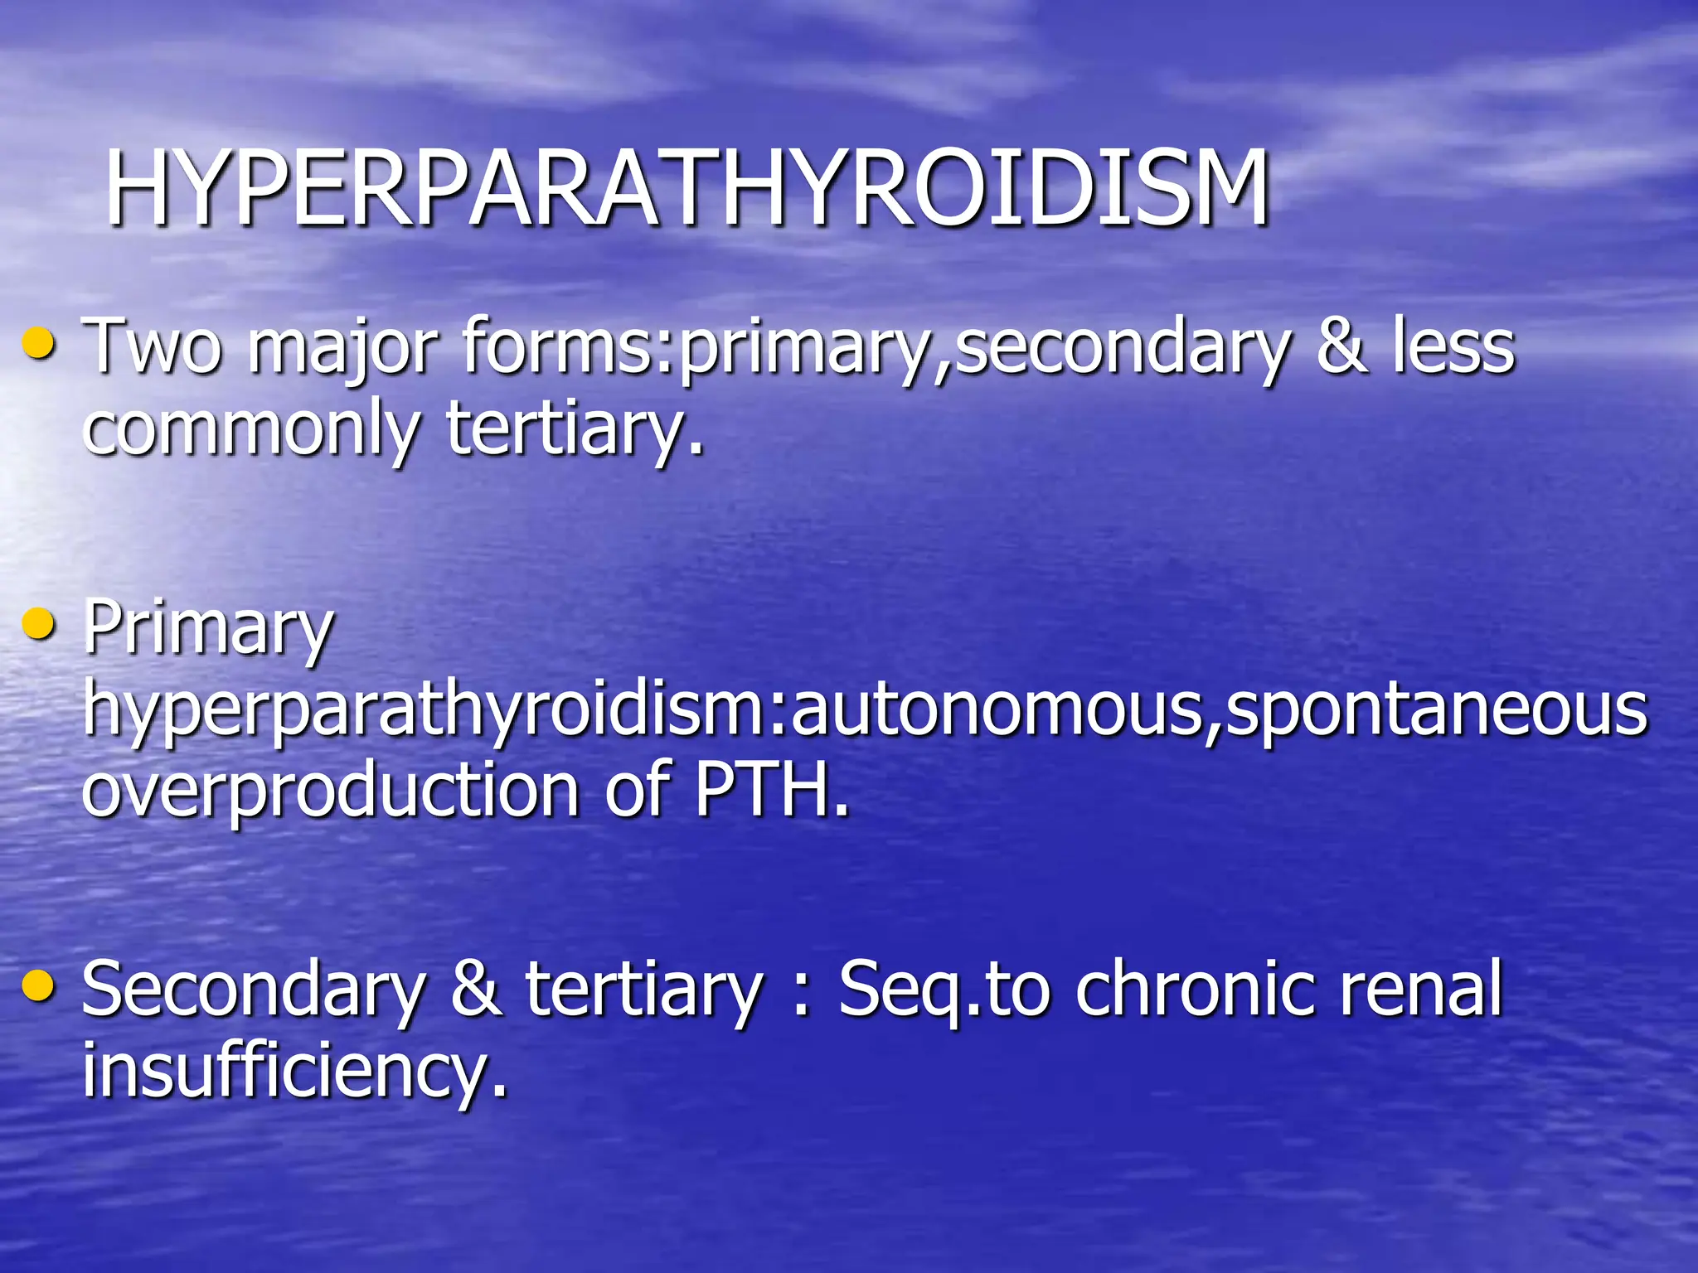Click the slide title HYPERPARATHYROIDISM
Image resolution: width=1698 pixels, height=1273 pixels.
686,189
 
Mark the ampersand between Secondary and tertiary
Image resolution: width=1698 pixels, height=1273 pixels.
477,990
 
